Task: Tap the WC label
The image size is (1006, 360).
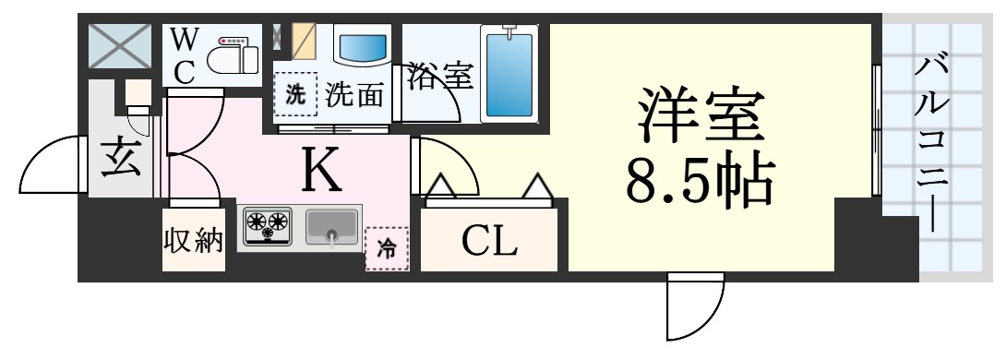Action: (185, 56)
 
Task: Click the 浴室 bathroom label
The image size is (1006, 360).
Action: (440, 76)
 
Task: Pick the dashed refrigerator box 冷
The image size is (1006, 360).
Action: (387, 247)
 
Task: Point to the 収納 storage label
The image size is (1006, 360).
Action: (194, 242)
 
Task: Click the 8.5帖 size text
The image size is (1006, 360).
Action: (699, 182)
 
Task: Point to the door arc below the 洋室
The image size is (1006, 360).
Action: (695, 306)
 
